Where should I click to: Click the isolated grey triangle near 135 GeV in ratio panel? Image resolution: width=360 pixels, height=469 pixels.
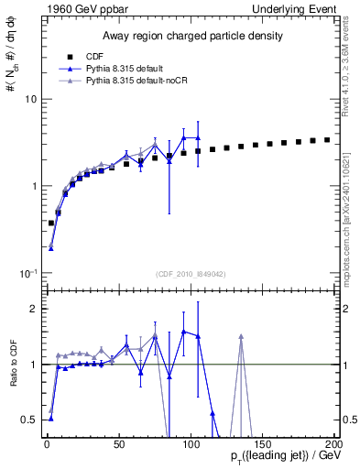(241, 337)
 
